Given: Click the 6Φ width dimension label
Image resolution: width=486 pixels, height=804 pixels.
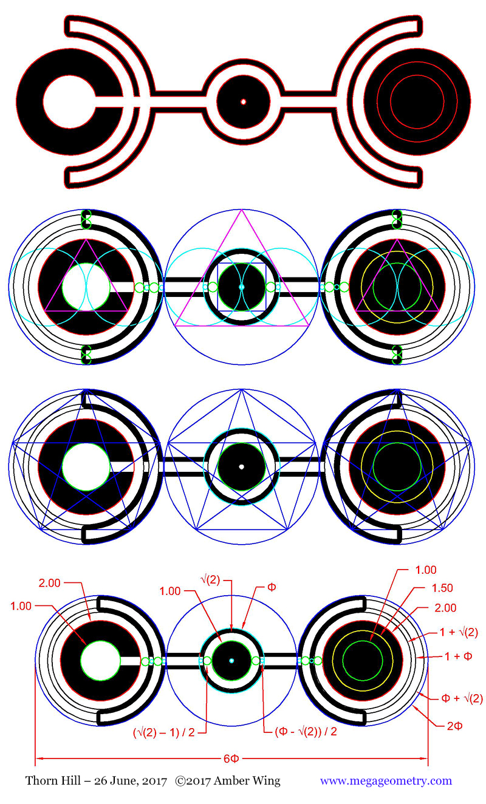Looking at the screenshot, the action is tap(231, 759).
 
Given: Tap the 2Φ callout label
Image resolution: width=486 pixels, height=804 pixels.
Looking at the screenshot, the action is tap(454, 726).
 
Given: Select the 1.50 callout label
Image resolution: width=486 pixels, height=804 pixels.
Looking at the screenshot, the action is tap(442, 588).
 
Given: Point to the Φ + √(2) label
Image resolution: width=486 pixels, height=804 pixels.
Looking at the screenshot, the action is tap(462, 698).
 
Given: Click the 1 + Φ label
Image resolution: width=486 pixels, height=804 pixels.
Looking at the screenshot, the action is tap(458, 656).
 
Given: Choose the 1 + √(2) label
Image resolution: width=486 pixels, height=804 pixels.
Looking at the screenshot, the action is tap(459, 632).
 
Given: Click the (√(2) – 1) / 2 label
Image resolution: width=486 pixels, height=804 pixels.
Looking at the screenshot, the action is tap(164, 732).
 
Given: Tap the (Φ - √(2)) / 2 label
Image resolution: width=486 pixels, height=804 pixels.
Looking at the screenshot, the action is tap(306, 732).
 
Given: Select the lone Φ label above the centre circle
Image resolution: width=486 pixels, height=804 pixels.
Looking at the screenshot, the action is tap(272, 587).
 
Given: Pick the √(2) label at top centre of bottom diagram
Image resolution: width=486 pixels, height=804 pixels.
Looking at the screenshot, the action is tap(210, 580).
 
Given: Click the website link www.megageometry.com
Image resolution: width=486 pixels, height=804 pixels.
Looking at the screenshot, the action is tap(386, 781).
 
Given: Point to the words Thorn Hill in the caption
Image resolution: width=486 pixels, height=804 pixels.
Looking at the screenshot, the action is tap(53, 781).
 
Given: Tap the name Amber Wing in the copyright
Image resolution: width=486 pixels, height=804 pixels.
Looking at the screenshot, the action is tap(247, 781).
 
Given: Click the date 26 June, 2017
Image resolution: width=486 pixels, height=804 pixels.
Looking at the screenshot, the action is tap(131, 781).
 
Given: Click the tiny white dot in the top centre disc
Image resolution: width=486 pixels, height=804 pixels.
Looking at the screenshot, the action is tap(243, 102).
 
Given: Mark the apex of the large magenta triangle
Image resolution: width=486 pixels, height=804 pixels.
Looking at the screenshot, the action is tap(242, 210).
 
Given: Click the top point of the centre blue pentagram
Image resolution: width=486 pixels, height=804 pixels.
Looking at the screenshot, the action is tap(242, 390).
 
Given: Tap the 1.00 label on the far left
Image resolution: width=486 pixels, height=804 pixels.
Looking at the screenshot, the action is tap(21, 606).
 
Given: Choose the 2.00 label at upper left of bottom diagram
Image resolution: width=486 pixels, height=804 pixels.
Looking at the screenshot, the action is tap(49, 583).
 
